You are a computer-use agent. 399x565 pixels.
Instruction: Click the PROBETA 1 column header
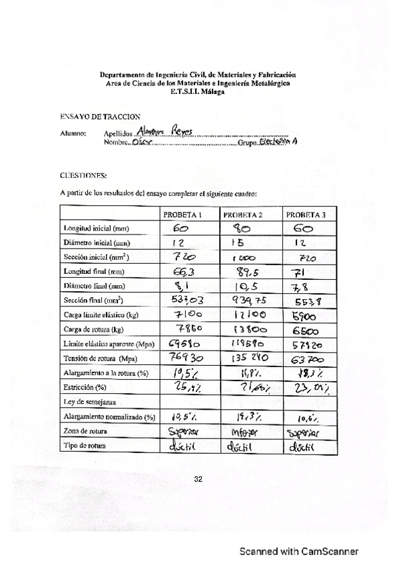183,215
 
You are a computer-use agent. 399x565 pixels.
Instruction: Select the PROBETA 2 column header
243,215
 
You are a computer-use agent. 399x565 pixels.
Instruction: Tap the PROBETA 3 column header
306,215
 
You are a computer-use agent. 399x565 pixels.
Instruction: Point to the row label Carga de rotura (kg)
91,329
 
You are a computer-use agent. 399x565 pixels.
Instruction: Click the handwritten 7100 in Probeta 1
181,314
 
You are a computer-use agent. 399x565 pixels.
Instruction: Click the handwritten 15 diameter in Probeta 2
242,242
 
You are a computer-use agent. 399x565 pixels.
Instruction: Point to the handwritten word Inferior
244,432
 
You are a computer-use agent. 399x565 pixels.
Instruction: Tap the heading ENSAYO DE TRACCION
91,116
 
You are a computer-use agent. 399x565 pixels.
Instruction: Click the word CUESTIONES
83,176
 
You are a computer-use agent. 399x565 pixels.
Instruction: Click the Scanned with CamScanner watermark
299,552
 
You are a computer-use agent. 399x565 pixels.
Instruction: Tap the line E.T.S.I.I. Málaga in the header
198,92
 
